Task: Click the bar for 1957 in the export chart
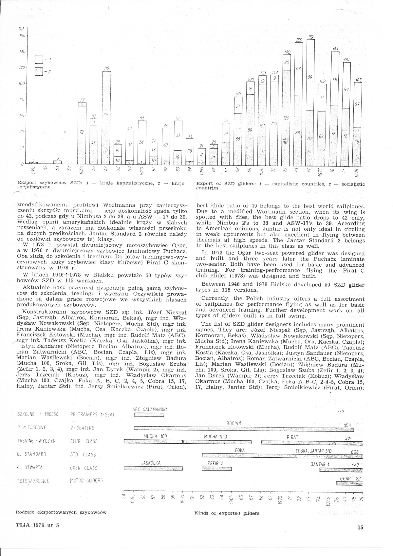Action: coord(106,118)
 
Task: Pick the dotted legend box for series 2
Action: coord(39,71)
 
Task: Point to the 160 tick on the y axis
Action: coord(23,35)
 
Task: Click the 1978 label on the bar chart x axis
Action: coord(358,173)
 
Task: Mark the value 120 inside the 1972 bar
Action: coord(286,118)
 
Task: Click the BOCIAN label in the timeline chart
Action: coord(234,423)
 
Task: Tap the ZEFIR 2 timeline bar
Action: coord(216,469)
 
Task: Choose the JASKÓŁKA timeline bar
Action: coord(153,468)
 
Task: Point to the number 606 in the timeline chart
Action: coord(355,452)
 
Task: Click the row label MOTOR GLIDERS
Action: coord(86,481)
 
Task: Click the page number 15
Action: coord(360,527)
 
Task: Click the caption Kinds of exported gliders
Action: coord(227,513)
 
